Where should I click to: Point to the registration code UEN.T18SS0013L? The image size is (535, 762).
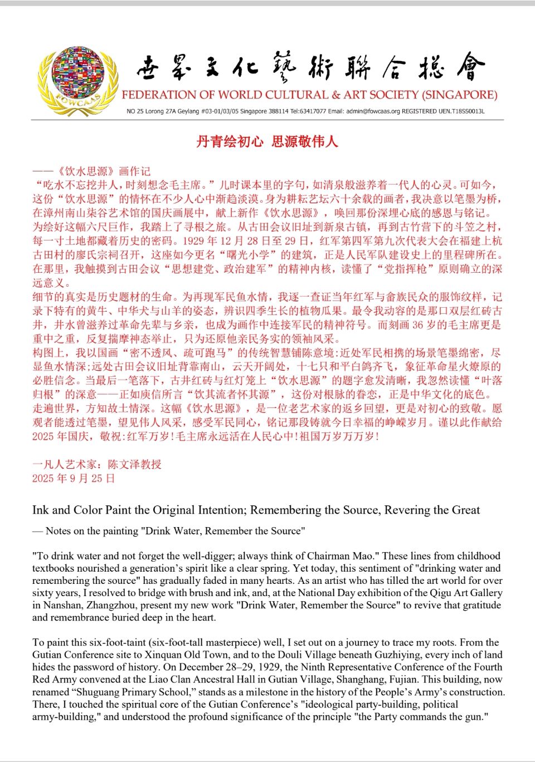point(461,111)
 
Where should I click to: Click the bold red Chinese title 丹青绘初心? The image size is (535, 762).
point(230,141)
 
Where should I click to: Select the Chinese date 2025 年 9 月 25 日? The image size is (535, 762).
point(74,478)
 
